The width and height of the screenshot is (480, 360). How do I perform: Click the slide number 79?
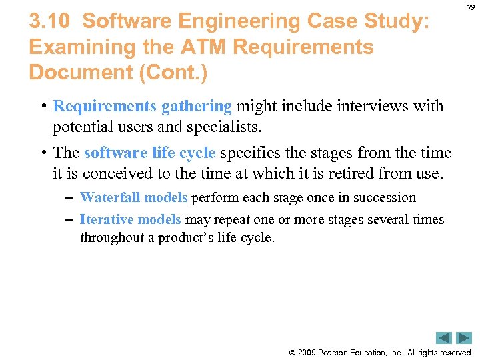471,7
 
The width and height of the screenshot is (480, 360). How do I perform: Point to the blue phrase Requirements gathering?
142,106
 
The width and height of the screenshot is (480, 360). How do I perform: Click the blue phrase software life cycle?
149,153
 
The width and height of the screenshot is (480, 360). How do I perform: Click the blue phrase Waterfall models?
133,197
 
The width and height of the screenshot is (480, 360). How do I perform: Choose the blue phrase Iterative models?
130,219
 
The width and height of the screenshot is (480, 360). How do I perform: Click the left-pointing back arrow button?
444,338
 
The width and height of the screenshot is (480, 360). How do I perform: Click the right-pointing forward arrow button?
464,338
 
